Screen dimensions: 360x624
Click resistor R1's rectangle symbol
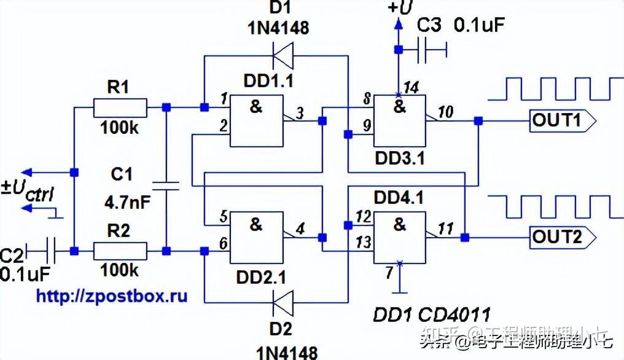[x=120, y=108]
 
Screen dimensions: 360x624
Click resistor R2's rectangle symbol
[x=120, y=251]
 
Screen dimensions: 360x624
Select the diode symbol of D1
[x=282, y=57]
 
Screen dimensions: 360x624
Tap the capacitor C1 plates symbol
[x=165, y=186]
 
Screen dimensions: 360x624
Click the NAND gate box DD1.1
[x=255, y=121]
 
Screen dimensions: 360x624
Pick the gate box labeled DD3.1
[x=400, y=121]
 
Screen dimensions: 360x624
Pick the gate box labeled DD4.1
[x=400, y=237]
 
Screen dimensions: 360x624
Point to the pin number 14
[x=412, y=88]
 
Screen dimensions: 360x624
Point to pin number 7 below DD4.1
[x=389, y=271]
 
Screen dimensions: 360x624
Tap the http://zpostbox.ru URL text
[x=111, y=295]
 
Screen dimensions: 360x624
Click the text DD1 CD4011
[x=432, y=315]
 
